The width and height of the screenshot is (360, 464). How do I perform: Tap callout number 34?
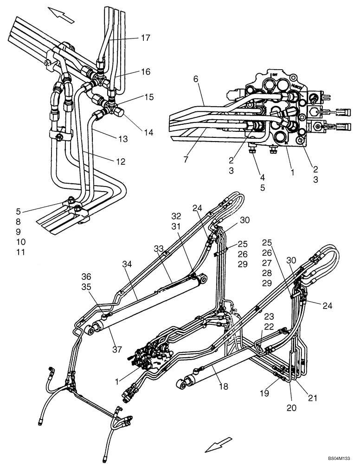tap(127, 264)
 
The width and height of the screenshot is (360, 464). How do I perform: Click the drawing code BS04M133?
tap(341, 458)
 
